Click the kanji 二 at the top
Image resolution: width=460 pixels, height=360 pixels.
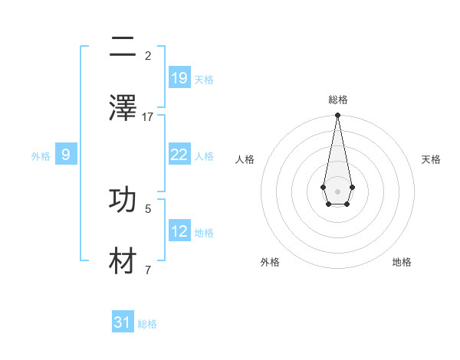(x=123, y=47)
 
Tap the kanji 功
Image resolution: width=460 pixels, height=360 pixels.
(x=123, y=198)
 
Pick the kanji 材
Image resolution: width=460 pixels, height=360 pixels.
(x=123, y=260)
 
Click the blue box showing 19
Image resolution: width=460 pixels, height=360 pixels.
(x=179, y=78)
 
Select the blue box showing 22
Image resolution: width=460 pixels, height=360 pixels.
(x=179, y=155)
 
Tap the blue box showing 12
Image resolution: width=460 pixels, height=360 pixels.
(x=179, y=231)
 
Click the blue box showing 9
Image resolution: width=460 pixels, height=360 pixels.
(x=66, y=155)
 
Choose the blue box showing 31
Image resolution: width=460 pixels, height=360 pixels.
(x=123, y=322)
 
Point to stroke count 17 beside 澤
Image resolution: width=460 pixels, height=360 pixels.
(x=148, y=116)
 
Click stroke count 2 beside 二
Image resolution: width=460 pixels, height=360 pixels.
(x=148, y=55)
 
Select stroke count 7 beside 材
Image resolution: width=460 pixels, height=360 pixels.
(x=148, y=270)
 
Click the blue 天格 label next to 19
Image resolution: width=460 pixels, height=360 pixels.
(x=204, y=79)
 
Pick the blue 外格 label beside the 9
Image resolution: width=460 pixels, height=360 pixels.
(x=41, y=155)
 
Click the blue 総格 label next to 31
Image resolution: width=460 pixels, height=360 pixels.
(x=147, y=323)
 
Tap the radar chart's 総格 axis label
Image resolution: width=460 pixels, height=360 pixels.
(x=338, y=100)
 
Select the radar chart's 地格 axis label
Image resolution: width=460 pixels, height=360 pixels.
(x=402, y=262)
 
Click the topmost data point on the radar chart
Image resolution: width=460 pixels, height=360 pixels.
(x=337, y=116)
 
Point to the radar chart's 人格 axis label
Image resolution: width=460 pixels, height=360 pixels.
(x=245, y=159)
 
